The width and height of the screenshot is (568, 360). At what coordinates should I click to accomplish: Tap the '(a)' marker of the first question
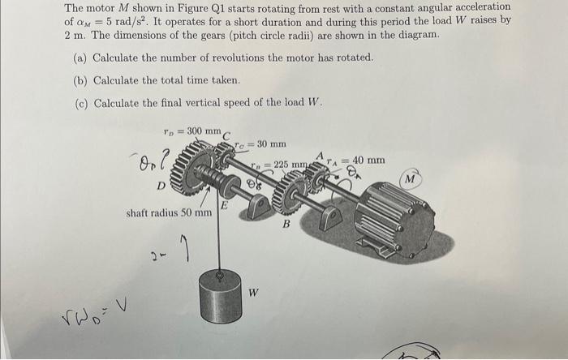point(80,58)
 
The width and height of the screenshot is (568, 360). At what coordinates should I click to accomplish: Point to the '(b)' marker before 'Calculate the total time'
point(80,80)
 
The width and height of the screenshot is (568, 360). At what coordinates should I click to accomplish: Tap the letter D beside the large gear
point(161,186)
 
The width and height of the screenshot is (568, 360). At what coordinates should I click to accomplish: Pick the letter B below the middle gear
point(284,225)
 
